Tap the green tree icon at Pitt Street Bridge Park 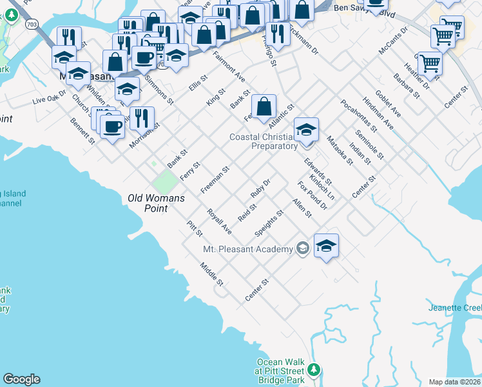pyautogui.click(x=314, y=370)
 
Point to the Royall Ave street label pyautogui.click(x=219, y=221)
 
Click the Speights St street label pyautogui.click(x=269, y=223)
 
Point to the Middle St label pyautogui.click(x=211, y=274)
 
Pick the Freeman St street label pyautogui.click(x=215, y=181)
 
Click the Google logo pyautogui.click(x=21, y=379)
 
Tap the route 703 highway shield pyautogui.click(x=32, y=24)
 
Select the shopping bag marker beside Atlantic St pyautogui.click(x=264, y=107)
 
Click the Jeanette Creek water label pyautogui.click(x=454, y=308)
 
